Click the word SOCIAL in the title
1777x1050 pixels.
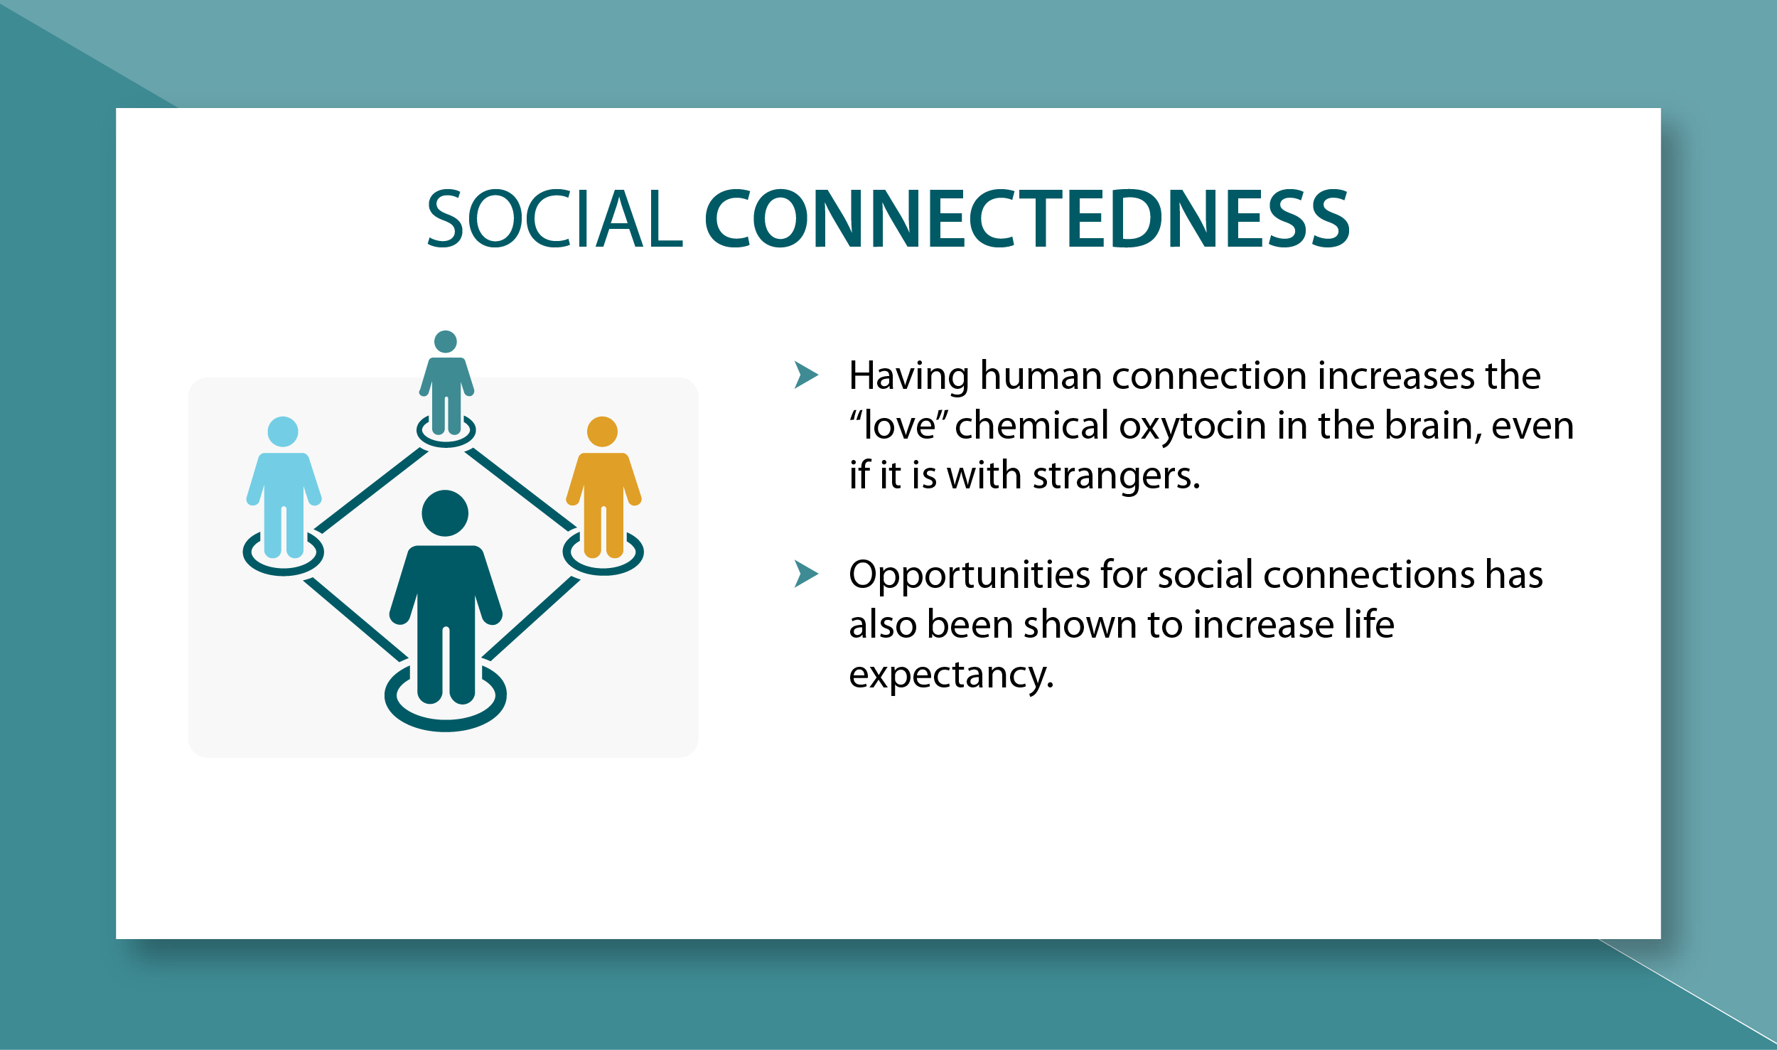pyautogui.click(x=554, y=218)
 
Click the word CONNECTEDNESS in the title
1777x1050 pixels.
pyautogui.click(x=1027, y=218)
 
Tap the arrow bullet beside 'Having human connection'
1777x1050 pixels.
pyautogui.click(x=806, y=375)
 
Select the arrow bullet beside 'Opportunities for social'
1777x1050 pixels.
pyautogui.click(x=806, y=574)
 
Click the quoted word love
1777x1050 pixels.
pyautogui.click(x=899, y=425)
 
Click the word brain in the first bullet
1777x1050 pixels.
pyautogui.click(x=1433, y=425)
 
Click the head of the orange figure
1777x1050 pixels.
pyautogui.click(x=602, y=432)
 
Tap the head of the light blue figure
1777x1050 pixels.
pyautogui.click(x=283, y=432)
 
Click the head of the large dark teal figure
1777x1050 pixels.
pyautogui.click(x=445, y=513)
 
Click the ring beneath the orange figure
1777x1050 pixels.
pyautogui.click(x=603, y=567)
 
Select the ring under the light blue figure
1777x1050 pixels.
pyautogui.click(x=284, y=567)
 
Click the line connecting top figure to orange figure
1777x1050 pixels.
pyautogui.click(x=521, y=489)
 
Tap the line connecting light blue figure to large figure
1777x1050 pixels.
pyautogui.click(x=355, y=619)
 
